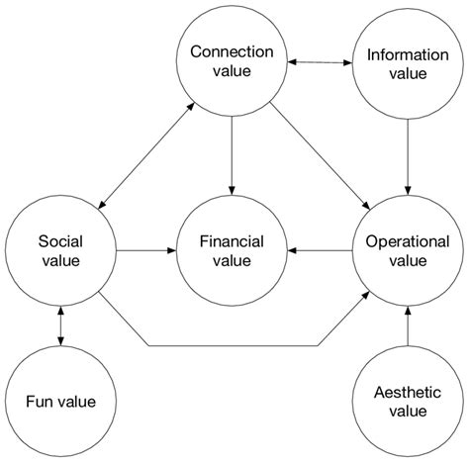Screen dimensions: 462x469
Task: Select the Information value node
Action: (407, 62)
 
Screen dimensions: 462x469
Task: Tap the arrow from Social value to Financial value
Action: (146, 251)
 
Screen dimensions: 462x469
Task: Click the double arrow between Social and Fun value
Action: (61, 325)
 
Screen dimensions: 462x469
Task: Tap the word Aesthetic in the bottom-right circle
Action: (407, 391)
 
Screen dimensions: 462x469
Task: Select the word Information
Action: (407, 51)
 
